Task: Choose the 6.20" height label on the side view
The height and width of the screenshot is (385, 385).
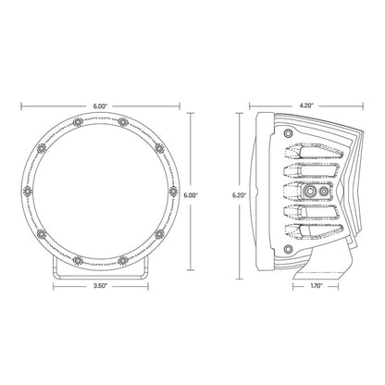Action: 240,196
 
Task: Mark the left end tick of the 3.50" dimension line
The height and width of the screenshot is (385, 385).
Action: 54,287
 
